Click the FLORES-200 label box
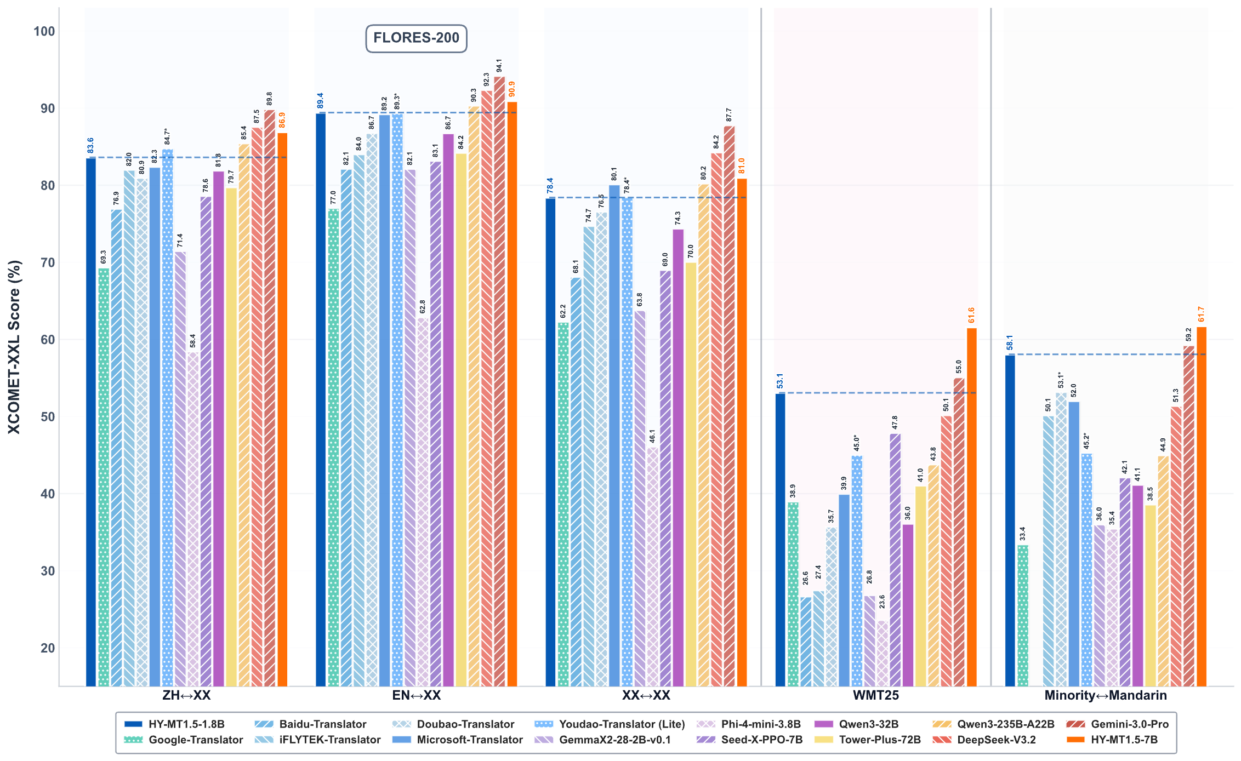pyautogui.click(x=416, y=38)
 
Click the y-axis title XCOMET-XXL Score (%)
pyautogui.click(x=14, y=347)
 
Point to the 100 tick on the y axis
pyautogui.click(x=44, y=31)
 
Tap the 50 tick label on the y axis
pyautogui.click(x=44, y=417)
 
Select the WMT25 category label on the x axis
pyautogui.click(x=875, y=696)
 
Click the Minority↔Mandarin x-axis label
pyautogui.click(x=1105, y=696)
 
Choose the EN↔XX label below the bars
pyautogui.click(x=416, y=696)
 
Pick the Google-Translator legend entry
pyautogui.click(x=196, y=740)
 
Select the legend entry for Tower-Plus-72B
pyautogui.click(x=879, y=740)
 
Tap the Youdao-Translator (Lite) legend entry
pyautogui.click(x=622, y=724)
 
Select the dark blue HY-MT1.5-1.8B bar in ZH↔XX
pyautogui.click(x=91, y=422)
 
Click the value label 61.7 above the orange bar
pyautogui.click(x=1201, y=314)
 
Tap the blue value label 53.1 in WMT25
pyautogui.click(x=779, y=381)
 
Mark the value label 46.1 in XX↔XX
pyautogui.click(x=652, y=436)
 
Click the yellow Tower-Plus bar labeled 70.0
pyautogui.click(x=691, y=474)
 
